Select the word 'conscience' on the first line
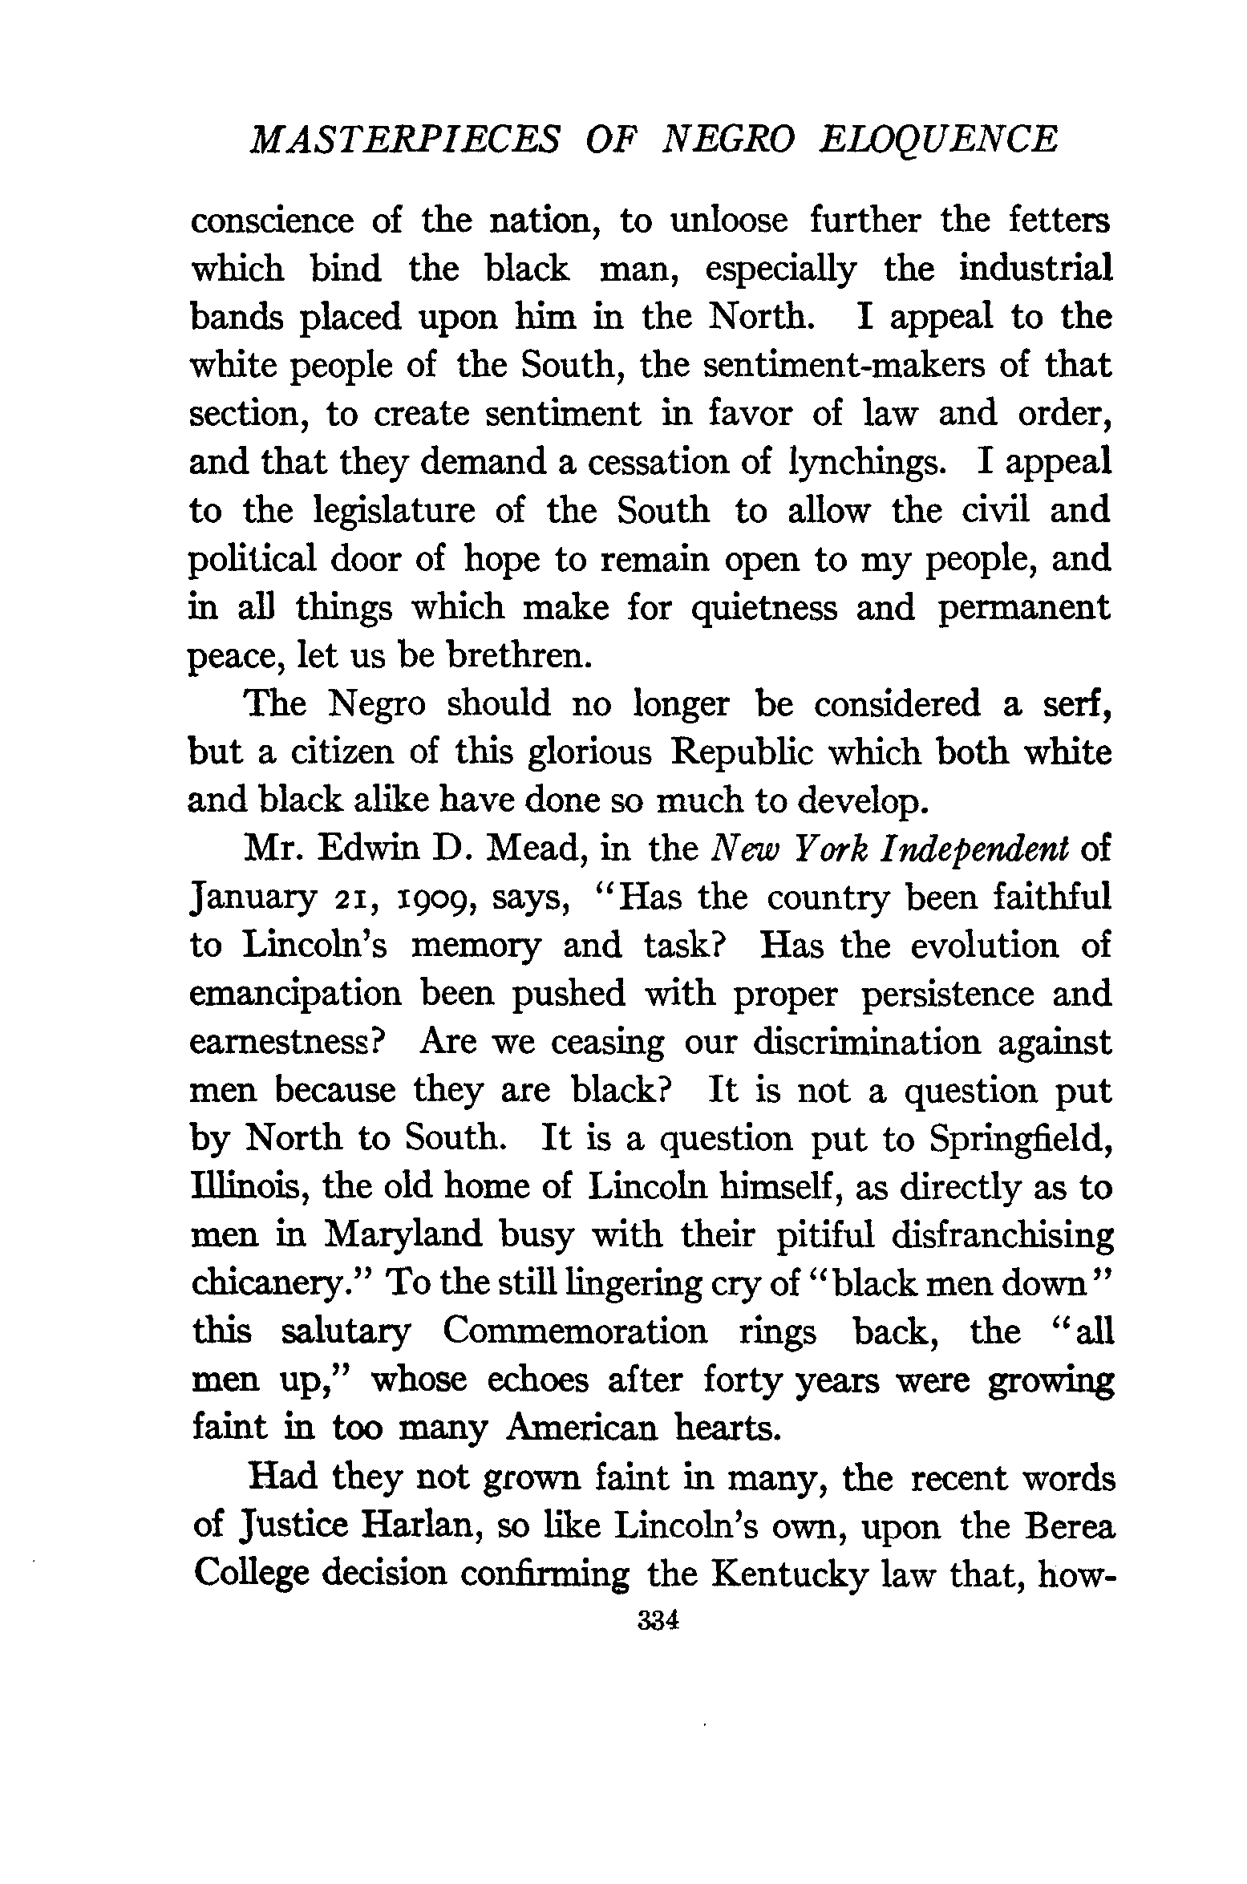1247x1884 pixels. coord(272,221)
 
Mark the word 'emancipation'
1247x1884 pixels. coord(295,995)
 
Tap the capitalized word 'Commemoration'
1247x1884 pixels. coord(574,1332)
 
